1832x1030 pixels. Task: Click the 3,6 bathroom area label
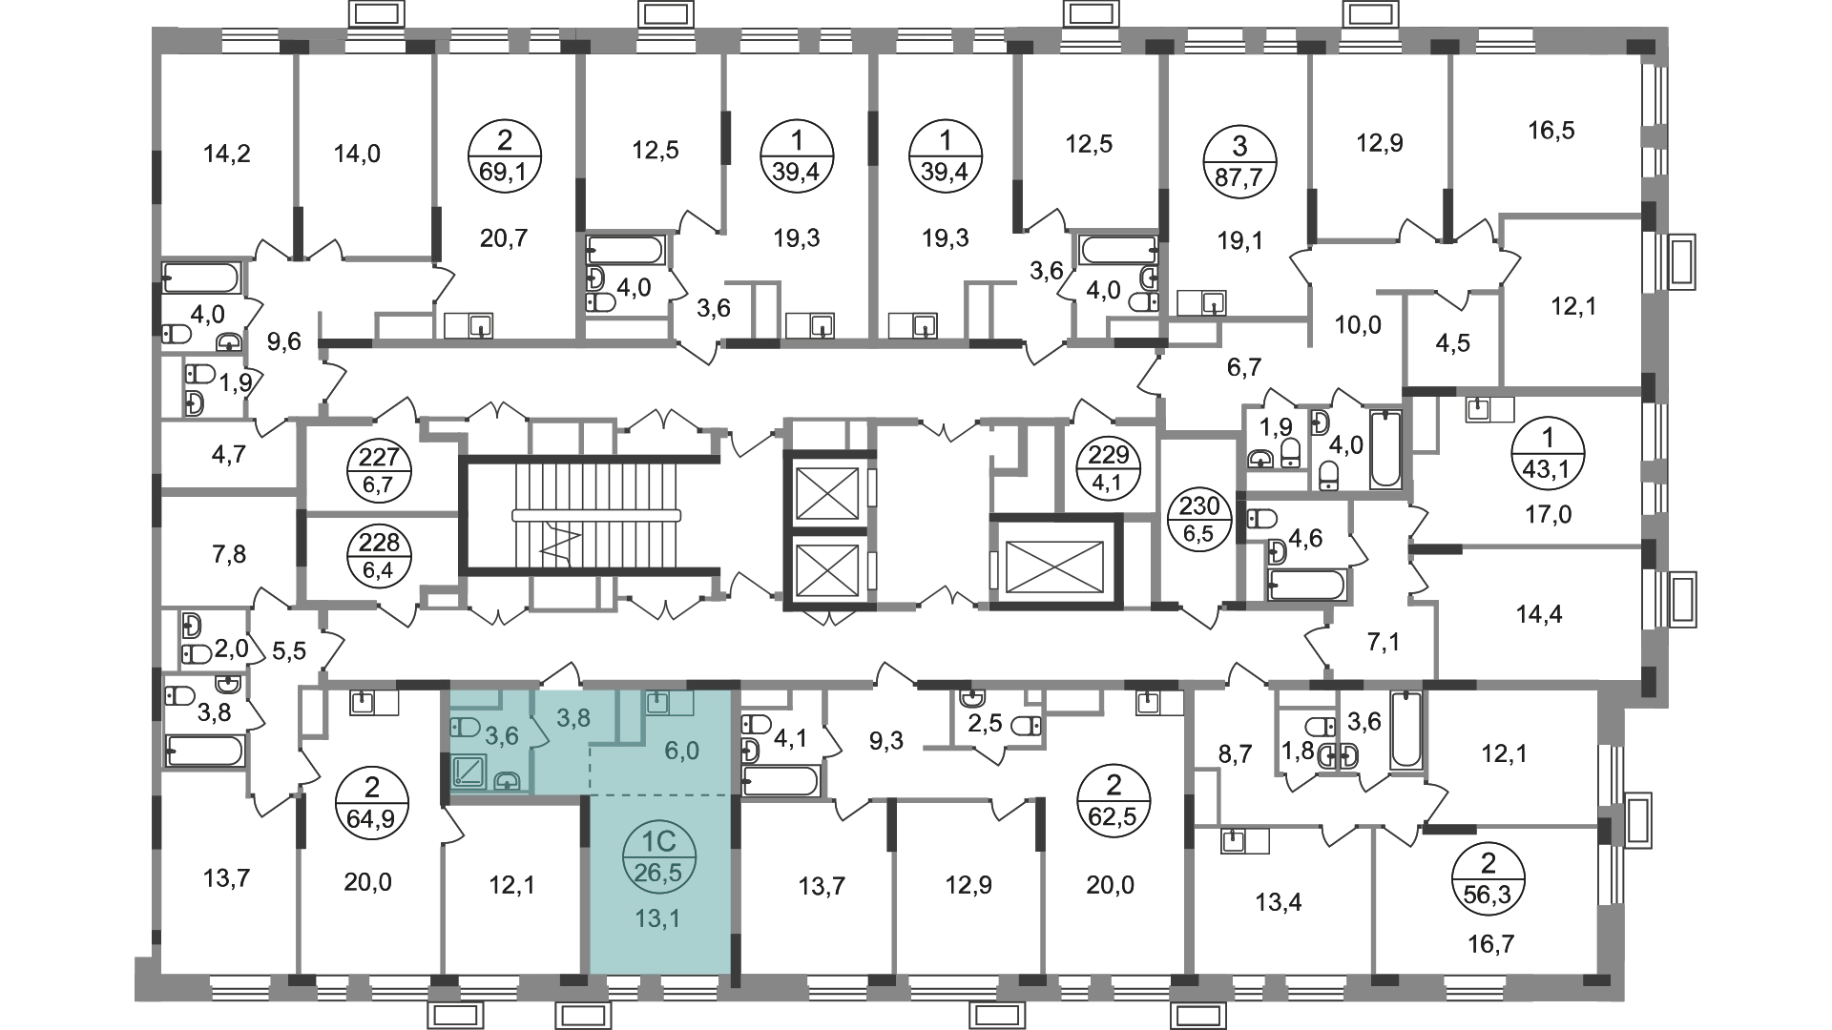(x=501, y=735)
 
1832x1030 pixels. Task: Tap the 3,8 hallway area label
(x=573, y=718)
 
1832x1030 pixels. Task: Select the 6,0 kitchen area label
(x=681, y=751)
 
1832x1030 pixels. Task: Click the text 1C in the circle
(x=659, y=841)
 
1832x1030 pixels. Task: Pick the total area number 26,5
(x=659, y=872)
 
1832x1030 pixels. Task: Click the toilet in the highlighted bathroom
(x=464, y=727)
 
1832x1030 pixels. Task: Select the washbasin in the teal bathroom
(x=508, y=781)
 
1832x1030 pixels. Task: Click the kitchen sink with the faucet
(x=656, y=703)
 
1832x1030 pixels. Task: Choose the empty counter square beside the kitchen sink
(x=681, y=703)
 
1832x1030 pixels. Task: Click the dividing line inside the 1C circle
(x=659, y=856)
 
